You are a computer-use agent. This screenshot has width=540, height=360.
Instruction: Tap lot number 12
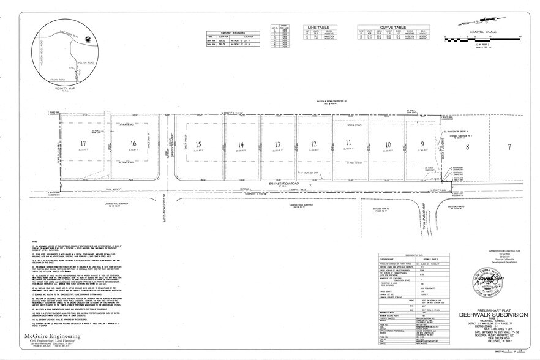313,144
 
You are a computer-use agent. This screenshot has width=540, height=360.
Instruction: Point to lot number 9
422,144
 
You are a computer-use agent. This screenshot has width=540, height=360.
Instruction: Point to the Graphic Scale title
481,34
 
